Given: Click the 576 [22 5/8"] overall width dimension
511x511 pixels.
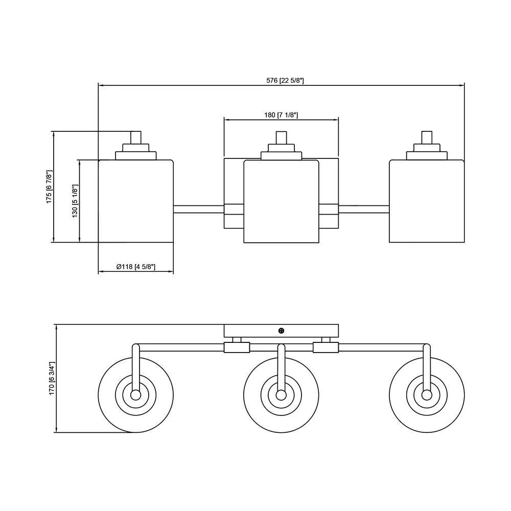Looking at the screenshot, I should click(x=285, y=80).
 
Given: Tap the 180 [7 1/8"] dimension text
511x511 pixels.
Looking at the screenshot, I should click(x=281, y=115).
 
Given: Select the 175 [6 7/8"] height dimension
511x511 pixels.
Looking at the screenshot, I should click(x=50, y=187).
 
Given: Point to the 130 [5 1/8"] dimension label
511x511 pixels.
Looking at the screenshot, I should click(x=75, y=202).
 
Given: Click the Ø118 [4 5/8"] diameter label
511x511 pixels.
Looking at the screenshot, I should click(x=135, y=267).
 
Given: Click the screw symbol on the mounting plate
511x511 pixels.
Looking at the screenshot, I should click(x=281, y=331).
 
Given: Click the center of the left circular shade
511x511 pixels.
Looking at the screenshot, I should click(x=135, y=395).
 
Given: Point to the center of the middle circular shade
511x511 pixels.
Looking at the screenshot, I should click(x=281, y=395).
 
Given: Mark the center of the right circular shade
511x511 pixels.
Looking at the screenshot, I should click(x=427, y=395).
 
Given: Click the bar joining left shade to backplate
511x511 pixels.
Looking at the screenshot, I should click(x=199, y=208).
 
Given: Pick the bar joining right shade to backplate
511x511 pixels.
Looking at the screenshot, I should click(x=364, y=208).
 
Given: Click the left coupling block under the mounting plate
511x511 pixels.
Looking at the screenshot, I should click(x=237, y=347).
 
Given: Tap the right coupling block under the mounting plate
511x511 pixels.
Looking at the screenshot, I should click(x=326, y=347).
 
